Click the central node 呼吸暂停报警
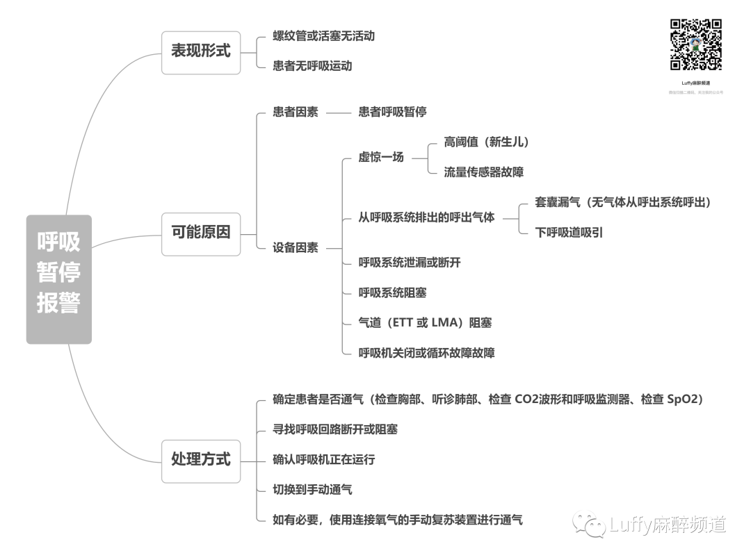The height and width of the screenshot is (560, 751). [59, 279]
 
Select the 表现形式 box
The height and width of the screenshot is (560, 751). [201, 52]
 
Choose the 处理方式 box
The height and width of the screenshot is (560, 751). [201, 461]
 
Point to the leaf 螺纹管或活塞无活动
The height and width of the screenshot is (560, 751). [323, 35]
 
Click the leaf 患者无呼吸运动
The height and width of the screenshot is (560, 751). [312, 66]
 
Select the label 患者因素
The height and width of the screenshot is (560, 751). [296, 112]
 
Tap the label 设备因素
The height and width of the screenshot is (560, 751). [296, 247]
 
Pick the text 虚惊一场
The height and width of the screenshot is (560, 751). [381, 157]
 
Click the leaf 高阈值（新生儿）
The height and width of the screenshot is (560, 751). [487, 142]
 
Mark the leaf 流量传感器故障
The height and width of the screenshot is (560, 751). [484, 172]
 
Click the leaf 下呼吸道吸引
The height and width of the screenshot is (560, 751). [569, 232]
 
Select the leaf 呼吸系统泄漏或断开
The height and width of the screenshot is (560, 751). [410, 263]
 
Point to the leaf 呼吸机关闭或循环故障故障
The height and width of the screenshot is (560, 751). [426, 353]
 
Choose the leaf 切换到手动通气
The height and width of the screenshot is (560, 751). [312, 490]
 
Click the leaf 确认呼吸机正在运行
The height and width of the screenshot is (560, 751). [323, 459]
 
